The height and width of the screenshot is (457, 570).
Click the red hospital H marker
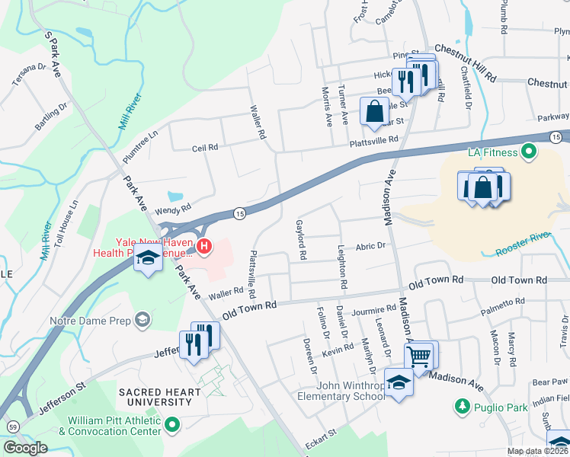point(203,245)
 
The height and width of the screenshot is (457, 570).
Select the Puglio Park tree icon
point(461,407)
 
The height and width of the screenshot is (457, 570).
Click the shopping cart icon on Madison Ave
point(419,354)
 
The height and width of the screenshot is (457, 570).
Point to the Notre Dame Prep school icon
point(142,321)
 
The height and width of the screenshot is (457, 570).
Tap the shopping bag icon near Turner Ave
point(375,111)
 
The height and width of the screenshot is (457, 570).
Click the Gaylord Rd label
point(300,240)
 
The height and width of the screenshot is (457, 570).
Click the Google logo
point(25,448)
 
